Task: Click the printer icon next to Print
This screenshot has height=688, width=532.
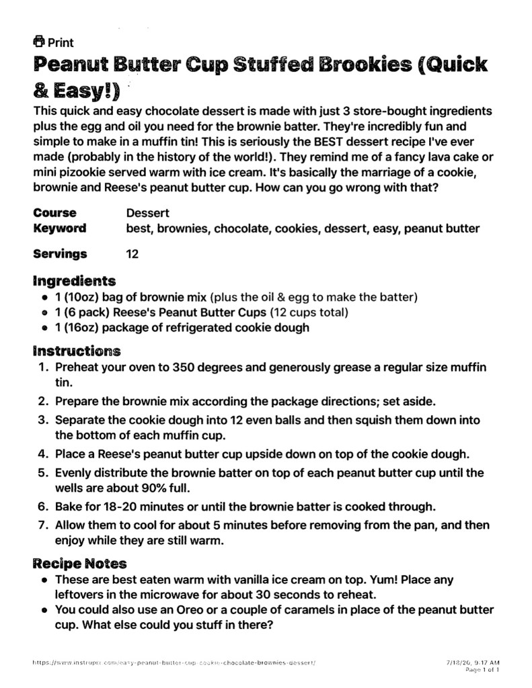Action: [x=39, y=42]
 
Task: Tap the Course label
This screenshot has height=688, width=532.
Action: [x=55, y=213]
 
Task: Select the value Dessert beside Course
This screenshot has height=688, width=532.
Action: [x=147, y=213]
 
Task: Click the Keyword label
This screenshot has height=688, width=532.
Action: [x=60, y=228]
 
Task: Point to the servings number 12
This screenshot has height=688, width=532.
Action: [x=132, y=254]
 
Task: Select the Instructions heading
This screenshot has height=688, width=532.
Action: [x=77, y=351]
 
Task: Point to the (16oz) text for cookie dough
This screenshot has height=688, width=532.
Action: [x=85, y=328]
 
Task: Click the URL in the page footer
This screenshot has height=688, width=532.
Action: [x=174, y=662]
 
